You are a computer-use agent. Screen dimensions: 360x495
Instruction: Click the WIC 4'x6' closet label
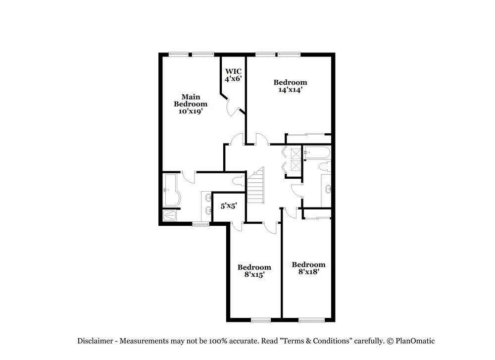(233, 75)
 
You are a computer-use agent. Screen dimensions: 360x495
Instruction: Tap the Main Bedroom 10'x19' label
(190, 104)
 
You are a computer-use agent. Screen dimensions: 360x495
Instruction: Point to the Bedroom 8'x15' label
(254, 271)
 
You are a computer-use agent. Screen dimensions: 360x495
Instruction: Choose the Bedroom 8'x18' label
(308, 268)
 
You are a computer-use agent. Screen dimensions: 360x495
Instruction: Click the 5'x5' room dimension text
(228, 205)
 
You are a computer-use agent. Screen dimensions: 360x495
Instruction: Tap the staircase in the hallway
(256, 185)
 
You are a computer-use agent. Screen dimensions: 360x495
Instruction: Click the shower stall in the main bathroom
(170, 215)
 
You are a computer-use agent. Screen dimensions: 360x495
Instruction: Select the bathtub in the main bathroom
(171, 189)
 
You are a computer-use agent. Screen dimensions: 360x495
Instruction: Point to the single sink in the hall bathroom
(329, 188)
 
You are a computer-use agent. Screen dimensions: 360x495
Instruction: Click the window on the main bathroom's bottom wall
(200, 224)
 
